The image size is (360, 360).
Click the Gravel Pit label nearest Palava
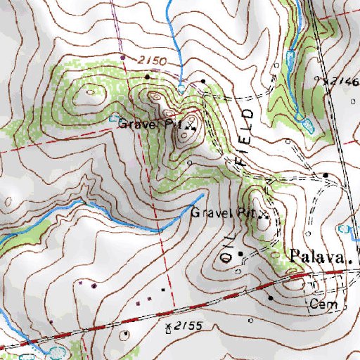click(x=221, y=212)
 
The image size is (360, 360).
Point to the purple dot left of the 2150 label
click(x=122, y=57)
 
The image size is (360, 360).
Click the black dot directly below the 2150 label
click(x=147, y=76)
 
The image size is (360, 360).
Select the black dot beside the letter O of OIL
click(x=240, y=253)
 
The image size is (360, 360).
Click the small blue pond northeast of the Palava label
click(x=344, y=229)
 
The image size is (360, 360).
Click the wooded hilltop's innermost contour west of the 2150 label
click(x=91, y=90)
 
